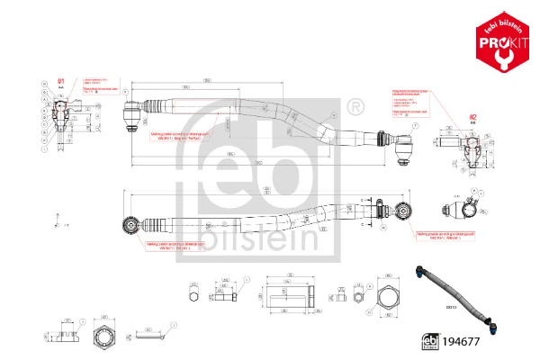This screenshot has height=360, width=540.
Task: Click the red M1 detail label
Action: [61, 82]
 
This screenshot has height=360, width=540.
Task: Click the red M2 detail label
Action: [472, 115]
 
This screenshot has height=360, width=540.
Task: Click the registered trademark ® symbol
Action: [355, 107]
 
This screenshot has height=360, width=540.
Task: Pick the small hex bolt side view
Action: [220, 294]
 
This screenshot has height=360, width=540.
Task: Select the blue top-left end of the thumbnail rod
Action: [423, 268]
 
